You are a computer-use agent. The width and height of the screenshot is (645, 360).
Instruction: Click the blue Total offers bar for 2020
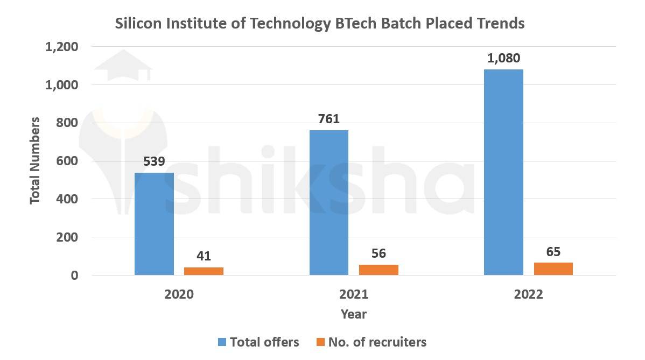(154, 224)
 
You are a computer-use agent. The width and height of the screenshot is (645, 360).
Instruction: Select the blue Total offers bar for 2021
(329, 202)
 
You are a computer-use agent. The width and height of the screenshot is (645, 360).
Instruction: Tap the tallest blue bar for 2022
(503, 172)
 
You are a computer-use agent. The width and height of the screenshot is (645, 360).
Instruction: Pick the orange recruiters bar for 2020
(204, 271)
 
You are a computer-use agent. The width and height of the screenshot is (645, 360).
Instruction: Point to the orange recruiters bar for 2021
(378, 270)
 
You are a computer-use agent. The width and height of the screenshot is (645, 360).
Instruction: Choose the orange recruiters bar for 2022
(553, 269)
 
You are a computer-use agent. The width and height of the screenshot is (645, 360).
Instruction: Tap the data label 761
(329, 119)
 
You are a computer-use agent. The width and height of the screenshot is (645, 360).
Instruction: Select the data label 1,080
(503, 58)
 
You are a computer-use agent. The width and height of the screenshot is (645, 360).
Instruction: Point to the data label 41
(204, 256)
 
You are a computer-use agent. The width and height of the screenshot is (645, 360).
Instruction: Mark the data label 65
(553, 251)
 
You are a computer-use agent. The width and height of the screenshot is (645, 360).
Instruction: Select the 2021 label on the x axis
(354, 295)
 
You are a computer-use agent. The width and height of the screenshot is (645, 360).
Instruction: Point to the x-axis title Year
(354, 314)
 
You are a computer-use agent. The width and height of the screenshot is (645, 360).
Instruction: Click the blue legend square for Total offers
(222, 342)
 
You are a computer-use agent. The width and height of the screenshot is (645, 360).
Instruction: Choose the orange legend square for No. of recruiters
(320, 342)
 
